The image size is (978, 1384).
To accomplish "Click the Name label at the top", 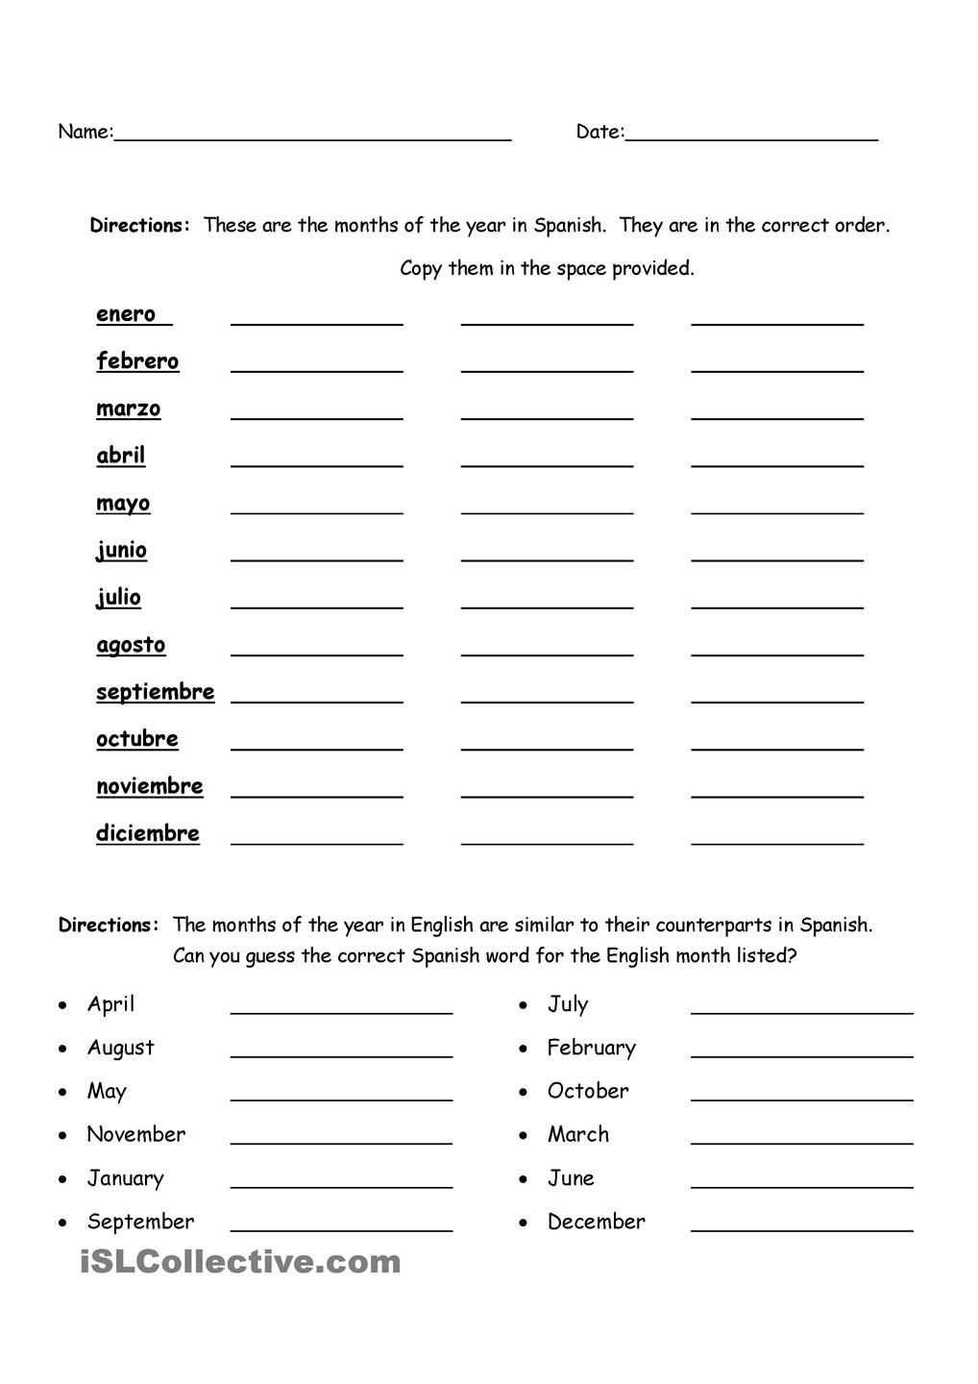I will click(x=85, y=132).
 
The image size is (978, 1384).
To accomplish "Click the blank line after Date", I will click(x=751, y=139).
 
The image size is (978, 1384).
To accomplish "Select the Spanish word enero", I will click(x=126, y=314).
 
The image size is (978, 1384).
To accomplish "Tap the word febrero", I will click(x=137, y=361).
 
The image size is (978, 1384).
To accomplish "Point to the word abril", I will click(x=121, y=456).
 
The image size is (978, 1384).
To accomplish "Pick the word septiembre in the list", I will click(x=155, y=692).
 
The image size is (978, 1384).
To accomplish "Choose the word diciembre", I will click(x=148, y=833).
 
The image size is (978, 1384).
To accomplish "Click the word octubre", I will click(x=137, y=739).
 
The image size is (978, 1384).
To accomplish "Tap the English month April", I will click(x=110, y=1004).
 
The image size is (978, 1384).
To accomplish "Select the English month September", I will click(x=140, y=1222).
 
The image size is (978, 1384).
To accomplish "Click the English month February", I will click(x=591, y=1048).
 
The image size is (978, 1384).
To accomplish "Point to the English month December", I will click(x=596, y=1222).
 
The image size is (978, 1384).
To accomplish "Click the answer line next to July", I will click(x=801, y=1011).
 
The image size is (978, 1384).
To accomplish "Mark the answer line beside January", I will click(x=341, y=1185).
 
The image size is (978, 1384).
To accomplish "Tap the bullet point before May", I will click(x=63, y=1093).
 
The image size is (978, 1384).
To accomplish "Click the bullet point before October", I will click(x=524, y=1093).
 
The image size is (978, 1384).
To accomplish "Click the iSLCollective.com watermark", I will click(x=240, y=1262).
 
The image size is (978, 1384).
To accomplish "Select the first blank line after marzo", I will click(x=316, y=417).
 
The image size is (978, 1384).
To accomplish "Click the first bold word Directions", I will click(x=139, y=226).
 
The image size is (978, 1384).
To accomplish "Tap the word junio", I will click(x=122, y=550).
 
